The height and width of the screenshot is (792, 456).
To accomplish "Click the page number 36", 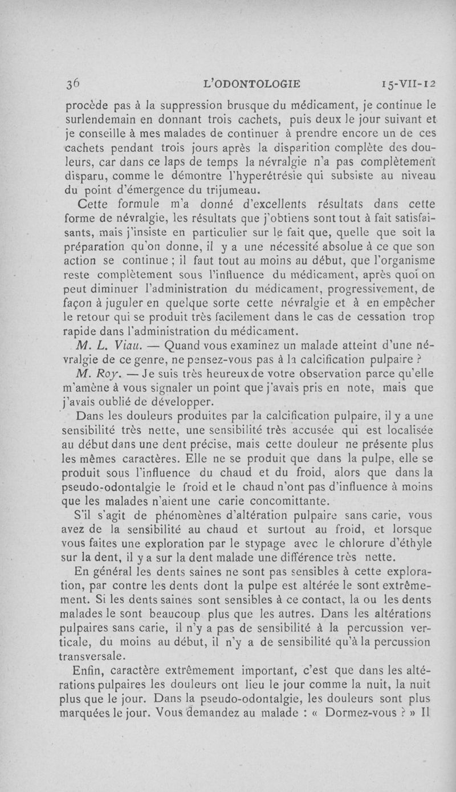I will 72,83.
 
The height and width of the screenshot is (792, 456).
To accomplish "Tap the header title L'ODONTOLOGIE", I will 252,84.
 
